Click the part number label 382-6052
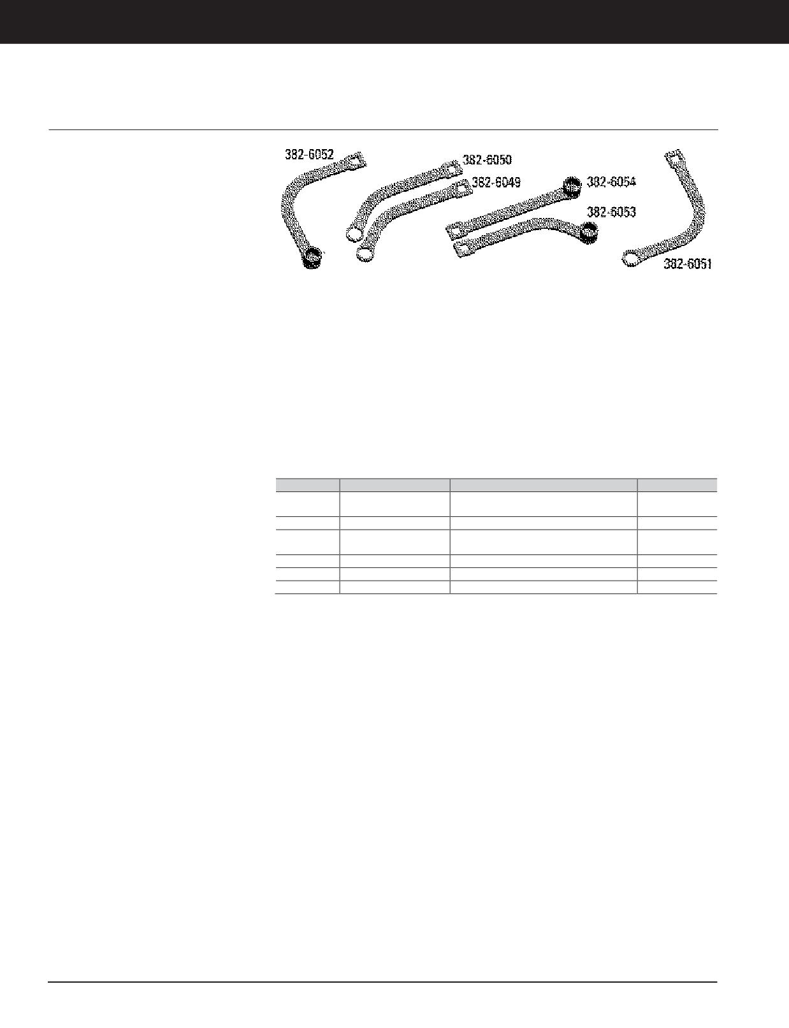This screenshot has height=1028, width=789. pos(309,155)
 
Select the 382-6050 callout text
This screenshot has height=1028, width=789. pos(487,160)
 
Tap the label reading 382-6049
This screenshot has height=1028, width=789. pos(496,183)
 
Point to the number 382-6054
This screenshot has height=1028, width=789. pos(611,182)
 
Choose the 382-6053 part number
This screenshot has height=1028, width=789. pos(611,212)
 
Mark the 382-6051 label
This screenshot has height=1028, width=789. pos(688,264)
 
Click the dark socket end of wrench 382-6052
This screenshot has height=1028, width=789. pos(313,258)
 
